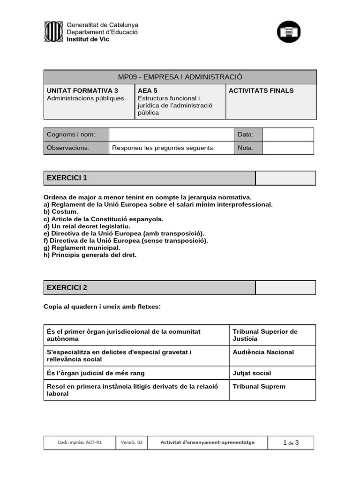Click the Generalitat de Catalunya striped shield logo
pos(53,31)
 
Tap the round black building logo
pos(289,32)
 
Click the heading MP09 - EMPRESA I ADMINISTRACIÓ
pos(180,77)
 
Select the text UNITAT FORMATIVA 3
pos(82,90)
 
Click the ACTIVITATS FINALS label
pos(261,90)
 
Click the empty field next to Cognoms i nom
pos(172,135)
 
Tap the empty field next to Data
pos(287,135)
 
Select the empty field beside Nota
pos(287,148)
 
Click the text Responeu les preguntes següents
pos(163,148)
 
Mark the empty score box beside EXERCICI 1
pos(285,178)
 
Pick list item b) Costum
pos(61,211)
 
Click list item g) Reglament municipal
pos(82,247)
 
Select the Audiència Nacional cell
pos(263,352)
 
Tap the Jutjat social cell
pos(252,373)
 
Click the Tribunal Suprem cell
pos(259,386)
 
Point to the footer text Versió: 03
pos(131,442)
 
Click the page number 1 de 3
pos(291,442)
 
